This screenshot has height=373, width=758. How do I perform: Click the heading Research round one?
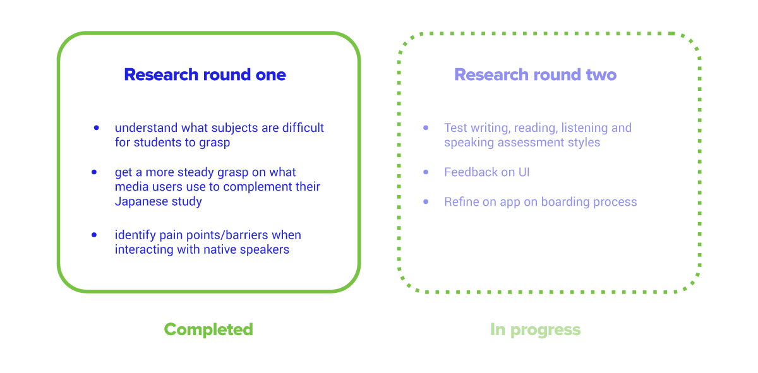pos(205,74)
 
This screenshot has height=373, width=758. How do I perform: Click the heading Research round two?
pos(536,74)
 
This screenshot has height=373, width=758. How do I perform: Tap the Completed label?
pos(208,329)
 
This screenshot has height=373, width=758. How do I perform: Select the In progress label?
pos(536,329)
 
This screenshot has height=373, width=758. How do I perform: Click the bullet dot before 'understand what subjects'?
pos(97,128)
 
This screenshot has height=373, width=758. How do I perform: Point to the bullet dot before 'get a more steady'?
pos(94,172)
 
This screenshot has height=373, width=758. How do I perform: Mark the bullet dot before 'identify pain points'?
pos(94,235)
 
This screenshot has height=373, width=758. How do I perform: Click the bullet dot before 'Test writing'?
pos(426,128)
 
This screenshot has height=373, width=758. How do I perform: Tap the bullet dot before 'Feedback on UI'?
pos(426,172)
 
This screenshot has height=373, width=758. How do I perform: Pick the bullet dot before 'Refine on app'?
pos(426,202)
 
